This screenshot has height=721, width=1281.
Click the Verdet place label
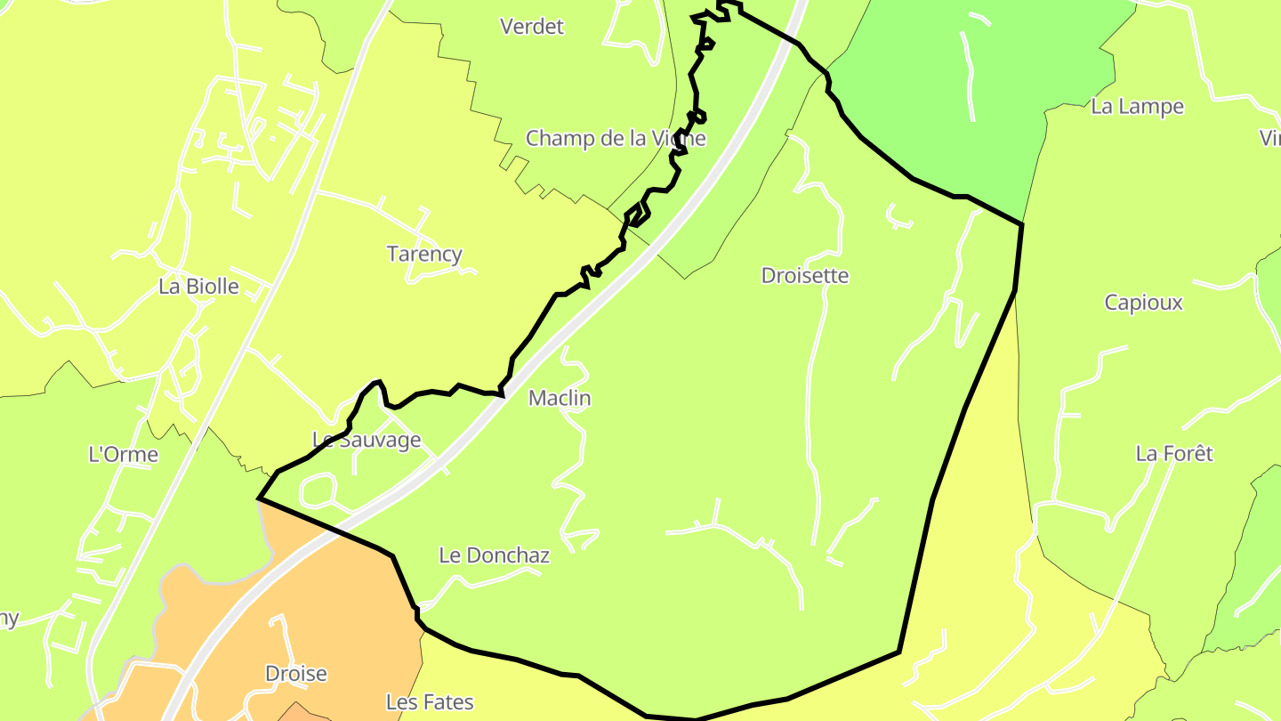[532, 27]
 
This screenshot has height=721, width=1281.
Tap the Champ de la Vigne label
[616, 138]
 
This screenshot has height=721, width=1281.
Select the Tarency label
[424, 254]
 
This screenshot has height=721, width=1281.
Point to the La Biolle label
[198, 286]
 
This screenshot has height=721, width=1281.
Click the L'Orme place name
[124, 454]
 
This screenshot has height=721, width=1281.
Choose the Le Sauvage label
[367, 440]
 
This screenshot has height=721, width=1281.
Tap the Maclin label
[560, 398]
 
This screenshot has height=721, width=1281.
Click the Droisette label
[805, 275]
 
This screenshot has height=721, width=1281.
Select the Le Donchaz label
[495, 555]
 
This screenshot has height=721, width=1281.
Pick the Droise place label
[296, 674]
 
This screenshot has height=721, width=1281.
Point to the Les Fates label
[430, 702]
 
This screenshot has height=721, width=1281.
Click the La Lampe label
[1137, 107]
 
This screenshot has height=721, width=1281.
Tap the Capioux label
[1144, 303]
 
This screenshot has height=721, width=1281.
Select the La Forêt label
[1174, 454]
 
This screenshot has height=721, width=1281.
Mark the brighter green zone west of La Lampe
[934, 98]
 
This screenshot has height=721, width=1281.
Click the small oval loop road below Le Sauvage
[318, 489]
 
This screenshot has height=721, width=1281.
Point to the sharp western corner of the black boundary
[259, 498]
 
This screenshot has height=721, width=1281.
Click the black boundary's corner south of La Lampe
[1021, 224]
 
